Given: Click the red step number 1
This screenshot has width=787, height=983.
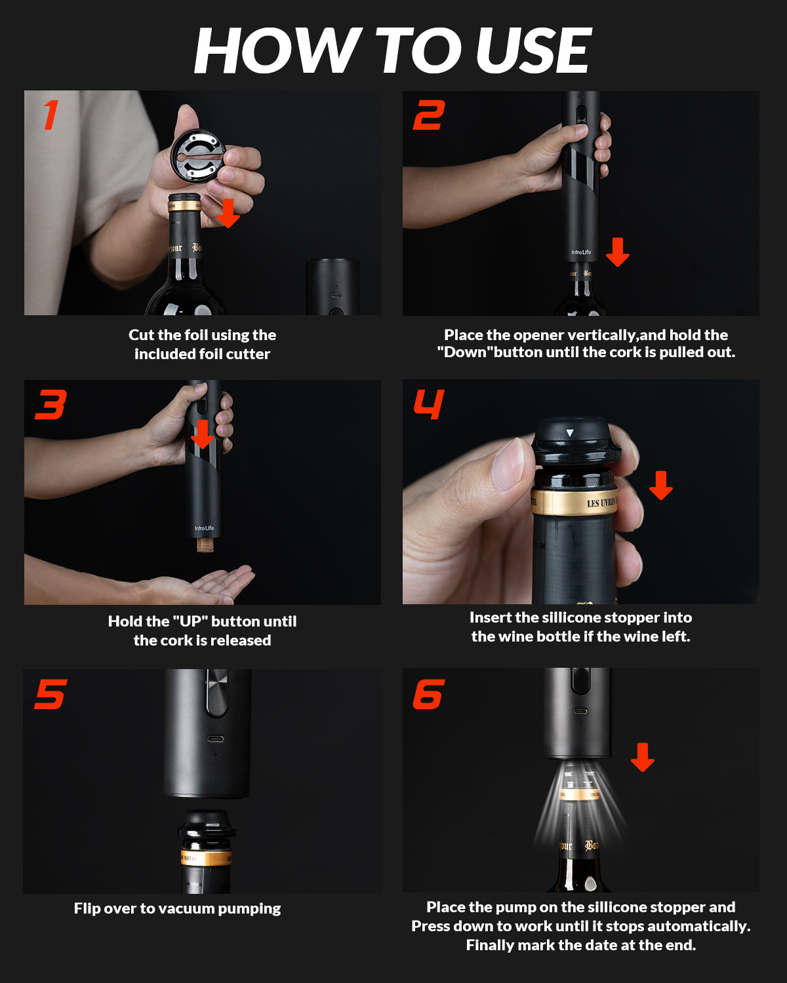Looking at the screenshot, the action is pyautogui.click(x=51, y=115).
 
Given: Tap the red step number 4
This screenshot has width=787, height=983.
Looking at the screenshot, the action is pyautogui.click(x=428, y=404).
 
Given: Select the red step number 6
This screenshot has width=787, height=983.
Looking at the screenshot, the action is pyautogui.click(x=428, y=693).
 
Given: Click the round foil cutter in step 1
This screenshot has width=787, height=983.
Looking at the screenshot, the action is pyautogui.click(x=197, y=155).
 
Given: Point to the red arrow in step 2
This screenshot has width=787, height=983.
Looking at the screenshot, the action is pyautogui.click(x=617, y=252).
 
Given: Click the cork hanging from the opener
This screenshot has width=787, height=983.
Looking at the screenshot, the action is pyautogui.click(x=205, y=545).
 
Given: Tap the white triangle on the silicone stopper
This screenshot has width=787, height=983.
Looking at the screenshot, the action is pyautogui.click(x=570, y=433).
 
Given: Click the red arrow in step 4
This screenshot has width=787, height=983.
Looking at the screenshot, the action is pyautogui.click(x=661, y=485).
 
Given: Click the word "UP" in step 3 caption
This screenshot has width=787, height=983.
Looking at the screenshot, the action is pyautogui.click(x=190, y=621).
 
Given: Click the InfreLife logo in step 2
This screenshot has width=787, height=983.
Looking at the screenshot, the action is pyautogui.click(x=581, y=252).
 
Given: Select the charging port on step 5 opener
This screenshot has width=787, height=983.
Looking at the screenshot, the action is pyautogui.click(x=215, y=739).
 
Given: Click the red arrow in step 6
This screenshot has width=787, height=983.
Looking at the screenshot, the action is pyautogui.click(x=643, y=758).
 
